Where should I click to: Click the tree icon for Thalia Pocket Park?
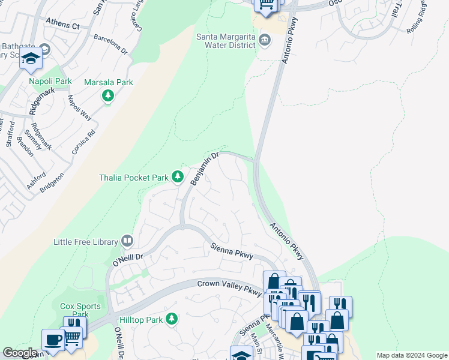178,176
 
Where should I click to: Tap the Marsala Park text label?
108,83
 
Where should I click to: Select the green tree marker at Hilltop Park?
172,318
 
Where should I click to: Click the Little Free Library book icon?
127,241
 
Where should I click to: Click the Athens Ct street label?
62,26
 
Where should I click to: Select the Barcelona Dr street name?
111,45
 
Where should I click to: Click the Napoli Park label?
50,81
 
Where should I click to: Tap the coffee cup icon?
53,340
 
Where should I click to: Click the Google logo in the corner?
20,353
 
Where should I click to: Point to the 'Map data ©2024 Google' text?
412,355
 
